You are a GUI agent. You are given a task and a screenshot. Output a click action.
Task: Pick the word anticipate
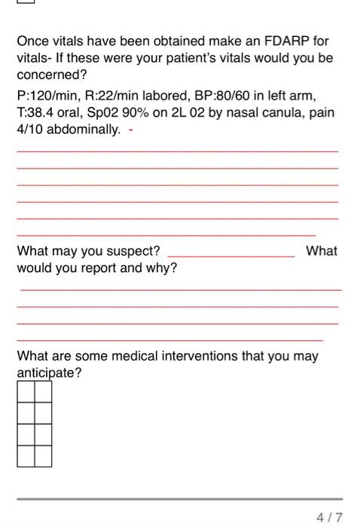click(x=48, y=373)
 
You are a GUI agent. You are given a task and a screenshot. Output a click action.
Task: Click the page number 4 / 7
click(x=330, y=517)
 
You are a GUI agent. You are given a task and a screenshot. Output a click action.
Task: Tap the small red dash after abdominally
click(x=131, y=130)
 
